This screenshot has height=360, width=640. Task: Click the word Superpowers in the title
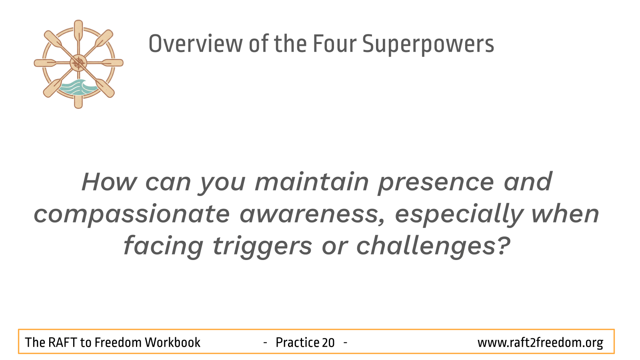428,44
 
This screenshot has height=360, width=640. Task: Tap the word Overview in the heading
196,44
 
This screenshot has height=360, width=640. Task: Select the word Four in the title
334,44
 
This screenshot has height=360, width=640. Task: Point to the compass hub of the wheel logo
78,63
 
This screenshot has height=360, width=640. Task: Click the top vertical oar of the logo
78,32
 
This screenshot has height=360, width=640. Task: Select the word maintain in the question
312,182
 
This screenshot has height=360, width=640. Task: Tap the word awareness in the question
312,215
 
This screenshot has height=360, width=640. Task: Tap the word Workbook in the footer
172,342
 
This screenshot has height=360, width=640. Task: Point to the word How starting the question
109,182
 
